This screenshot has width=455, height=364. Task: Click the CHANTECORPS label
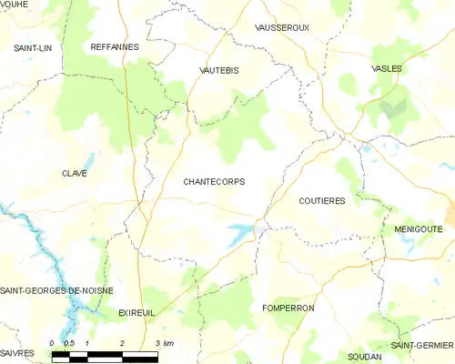(x=214, y=181)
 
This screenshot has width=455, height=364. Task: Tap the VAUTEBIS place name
(x=220, y=69)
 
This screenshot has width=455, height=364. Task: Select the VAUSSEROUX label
(x=282, y=28)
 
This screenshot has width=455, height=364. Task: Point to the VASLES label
(x=387, y=68)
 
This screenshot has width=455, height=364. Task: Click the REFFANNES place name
(x=114, y=45)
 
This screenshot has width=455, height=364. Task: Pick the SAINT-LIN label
(x=32, y=45)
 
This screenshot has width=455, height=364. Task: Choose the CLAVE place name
(x=75, y=173)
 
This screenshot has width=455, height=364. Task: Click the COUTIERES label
(x=322, y=200)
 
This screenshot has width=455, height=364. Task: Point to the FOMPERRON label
(x=288, y=308)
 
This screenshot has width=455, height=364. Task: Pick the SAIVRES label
(x=17, y=352)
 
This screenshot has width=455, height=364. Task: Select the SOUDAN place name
(x=365, y=357)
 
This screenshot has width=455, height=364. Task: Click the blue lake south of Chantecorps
(x=241, y=234)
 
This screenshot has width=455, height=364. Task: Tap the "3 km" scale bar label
(x=164, y=343)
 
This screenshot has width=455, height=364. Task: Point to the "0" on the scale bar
(x=55, y=343)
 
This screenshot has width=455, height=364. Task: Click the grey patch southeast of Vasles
(x=394, y=111)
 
